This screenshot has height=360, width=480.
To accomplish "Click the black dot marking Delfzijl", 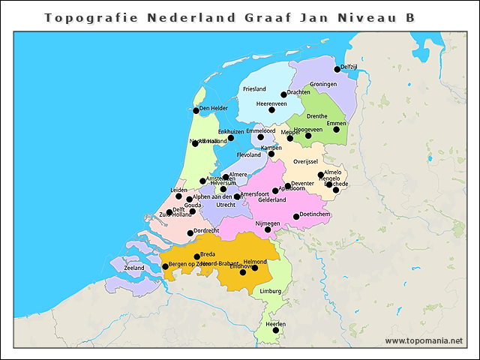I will click(x=337, y=69).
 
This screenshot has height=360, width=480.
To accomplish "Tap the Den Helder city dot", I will click(x=196, y=110).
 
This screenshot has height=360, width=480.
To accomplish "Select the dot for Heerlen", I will click(x=275, y=330).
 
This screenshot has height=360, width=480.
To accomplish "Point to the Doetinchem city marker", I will click(x=297, y=217).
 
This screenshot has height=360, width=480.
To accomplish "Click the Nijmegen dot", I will click(x=268, y=229).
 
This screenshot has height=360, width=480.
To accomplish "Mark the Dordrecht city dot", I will click(x=190, y=232).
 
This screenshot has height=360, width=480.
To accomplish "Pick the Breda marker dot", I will click(x=197, y=256).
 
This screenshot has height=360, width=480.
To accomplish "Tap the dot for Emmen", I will click(x=336, y=129).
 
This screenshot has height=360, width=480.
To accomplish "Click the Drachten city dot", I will click(x=284, y=94).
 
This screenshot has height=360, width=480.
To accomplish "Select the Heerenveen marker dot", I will click(x=271, y=109).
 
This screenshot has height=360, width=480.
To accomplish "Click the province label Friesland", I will click(x=254, y=89).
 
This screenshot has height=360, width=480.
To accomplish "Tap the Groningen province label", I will click(x=323, y=84).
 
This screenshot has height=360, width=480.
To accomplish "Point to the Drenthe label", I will click(x=316, y=116).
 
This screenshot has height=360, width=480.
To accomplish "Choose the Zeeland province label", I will click(x=134, y=268).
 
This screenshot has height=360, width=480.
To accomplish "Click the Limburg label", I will click(x=270, y=291).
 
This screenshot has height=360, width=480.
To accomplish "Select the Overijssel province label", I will click(x=306, y=161).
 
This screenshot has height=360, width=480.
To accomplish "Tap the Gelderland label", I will click(x=272, y=200).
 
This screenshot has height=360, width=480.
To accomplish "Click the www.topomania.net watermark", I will click(x=424, y=340).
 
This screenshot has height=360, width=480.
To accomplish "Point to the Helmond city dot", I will click(x=255, y=268).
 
